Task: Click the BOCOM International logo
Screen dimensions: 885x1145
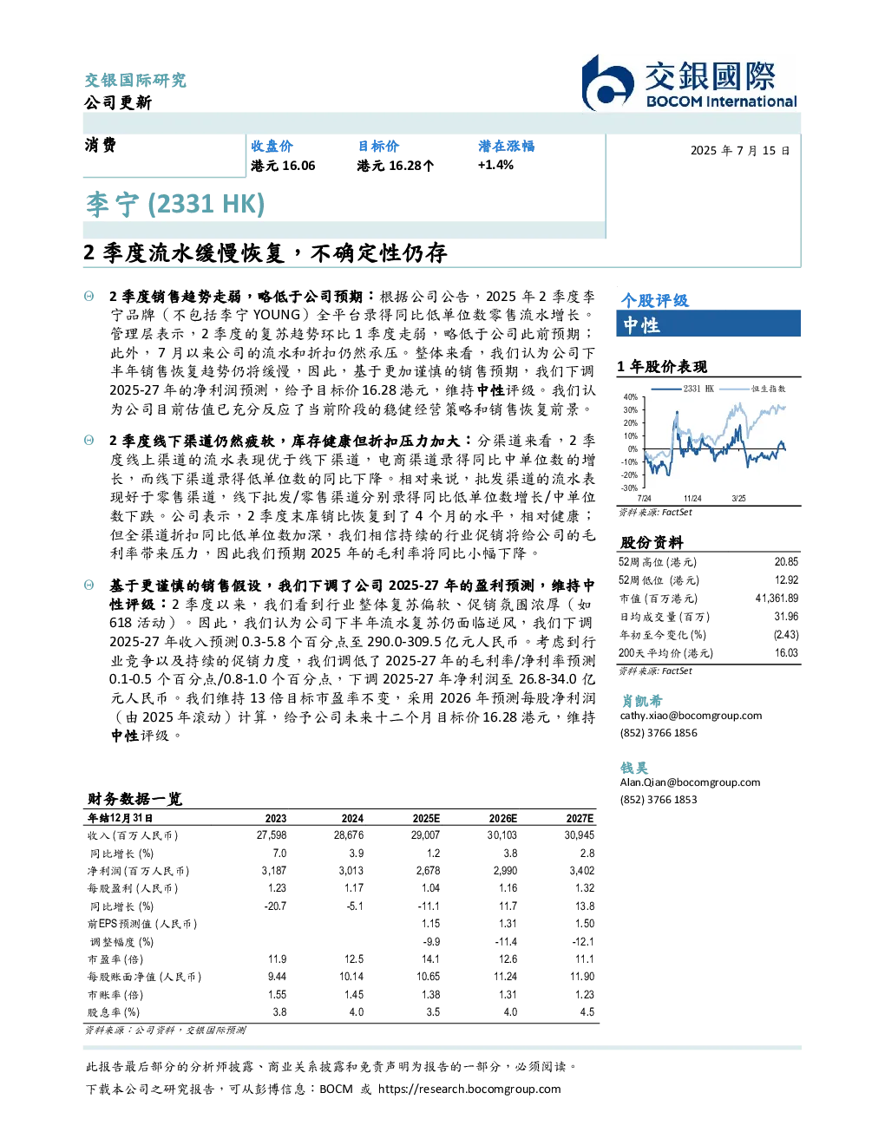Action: point(689,83)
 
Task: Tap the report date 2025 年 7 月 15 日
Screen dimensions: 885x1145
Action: point(740,151)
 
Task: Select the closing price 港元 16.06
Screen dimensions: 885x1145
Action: point(283,166)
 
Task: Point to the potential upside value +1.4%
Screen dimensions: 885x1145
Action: point(495,165)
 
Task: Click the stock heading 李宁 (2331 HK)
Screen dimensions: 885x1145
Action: point(175,205)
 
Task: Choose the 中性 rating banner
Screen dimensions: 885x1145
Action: point(708,323)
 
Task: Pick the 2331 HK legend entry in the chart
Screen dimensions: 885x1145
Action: point(683,389)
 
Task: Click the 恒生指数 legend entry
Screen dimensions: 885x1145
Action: point(753,389)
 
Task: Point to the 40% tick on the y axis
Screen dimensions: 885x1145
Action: point(631,396)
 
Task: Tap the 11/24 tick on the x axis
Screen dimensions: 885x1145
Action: point(692,499)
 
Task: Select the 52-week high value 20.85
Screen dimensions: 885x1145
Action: point(786,562)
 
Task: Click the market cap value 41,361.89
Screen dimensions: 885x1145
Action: point(777,598)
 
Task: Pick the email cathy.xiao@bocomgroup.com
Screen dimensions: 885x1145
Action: point(691,716)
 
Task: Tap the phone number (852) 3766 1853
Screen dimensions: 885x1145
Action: point(659,800)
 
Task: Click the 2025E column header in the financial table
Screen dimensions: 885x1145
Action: point(426,818)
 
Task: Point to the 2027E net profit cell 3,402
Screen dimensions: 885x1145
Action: point(581,871)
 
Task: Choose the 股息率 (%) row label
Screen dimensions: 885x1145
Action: point(114,1012)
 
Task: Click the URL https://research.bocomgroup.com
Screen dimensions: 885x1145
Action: point(469,1089)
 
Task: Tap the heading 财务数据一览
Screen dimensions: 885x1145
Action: point(134,799)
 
